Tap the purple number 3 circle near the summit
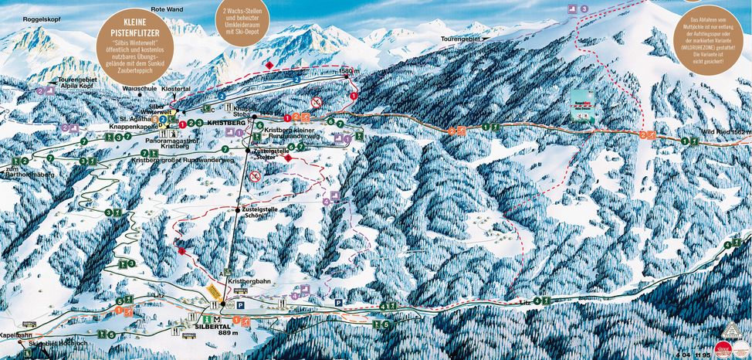[x=584, y=8]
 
